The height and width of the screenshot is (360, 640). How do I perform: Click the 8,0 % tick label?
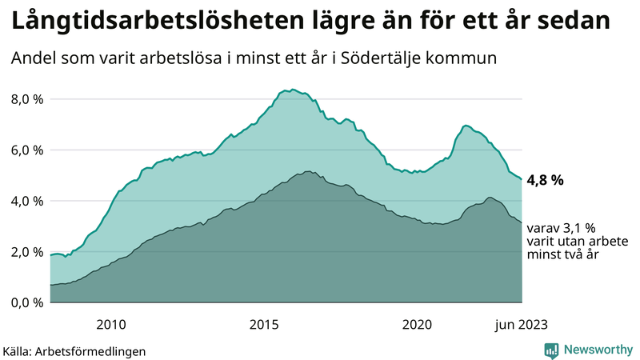click(26, 99)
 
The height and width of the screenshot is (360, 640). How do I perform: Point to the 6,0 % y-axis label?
click(26, 150)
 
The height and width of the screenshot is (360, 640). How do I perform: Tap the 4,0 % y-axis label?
click(26, 201)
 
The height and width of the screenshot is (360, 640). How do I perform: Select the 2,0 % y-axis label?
click(26, 252)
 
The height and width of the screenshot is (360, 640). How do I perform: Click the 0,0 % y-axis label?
click(26, 302)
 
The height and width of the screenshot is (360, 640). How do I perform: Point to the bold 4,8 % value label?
click(546, 180)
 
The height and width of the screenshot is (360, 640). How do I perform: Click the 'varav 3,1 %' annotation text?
click(560, 227)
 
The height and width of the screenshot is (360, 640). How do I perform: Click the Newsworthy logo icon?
click(551, 350)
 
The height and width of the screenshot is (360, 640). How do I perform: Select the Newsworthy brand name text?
click(598, 350)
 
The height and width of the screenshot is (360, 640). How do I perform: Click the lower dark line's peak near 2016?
click(307, 171)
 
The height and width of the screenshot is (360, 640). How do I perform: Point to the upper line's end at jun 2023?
click(522, 179)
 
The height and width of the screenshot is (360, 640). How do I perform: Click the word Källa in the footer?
click(18, 350)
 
